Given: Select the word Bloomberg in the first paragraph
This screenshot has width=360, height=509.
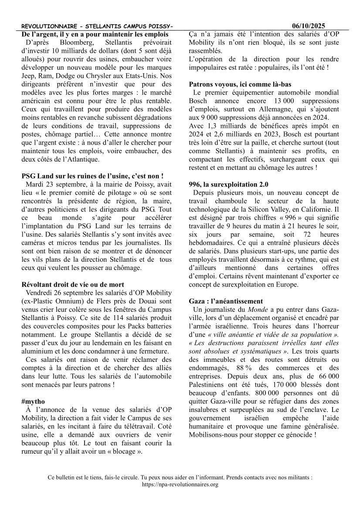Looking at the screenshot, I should click(x=71, y=43).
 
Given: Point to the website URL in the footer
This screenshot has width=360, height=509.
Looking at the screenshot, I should click(x=180, y=484).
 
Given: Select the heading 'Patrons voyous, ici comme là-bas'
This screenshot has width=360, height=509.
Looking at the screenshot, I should click(x=240, y=84).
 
